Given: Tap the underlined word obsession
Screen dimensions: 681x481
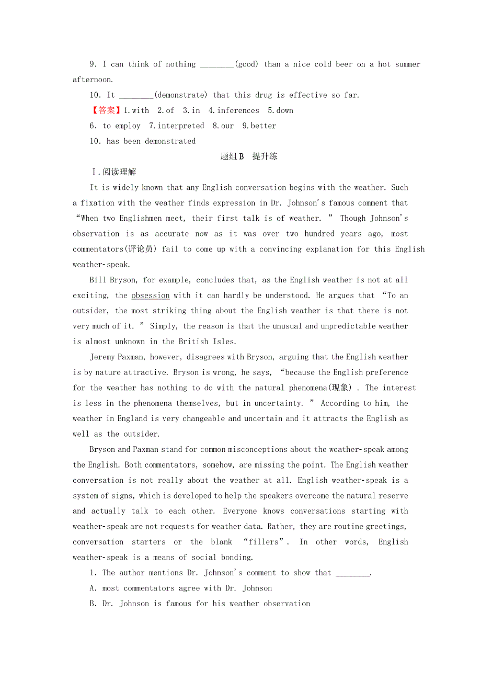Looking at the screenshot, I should tap(151, 296).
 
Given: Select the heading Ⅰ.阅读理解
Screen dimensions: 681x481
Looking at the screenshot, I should tap(113, 172).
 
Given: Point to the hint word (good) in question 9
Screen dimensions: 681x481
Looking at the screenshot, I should tap(247, 64).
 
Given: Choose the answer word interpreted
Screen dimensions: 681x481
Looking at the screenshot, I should tap(181, 126).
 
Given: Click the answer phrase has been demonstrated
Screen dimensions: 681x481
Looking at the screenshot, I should tap(151, 141).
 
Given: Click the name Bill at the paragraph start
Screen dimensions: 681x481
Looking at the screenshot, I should tap(98, 280).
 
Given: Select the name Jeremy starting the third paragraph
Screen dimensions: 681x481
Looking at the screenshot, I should tap(105, 357).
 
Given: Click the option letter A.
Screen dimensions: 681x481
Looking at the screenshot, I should tap(93, 588).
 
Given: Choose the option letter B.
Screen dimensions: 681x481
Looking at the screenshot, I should tap(93, 604).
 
